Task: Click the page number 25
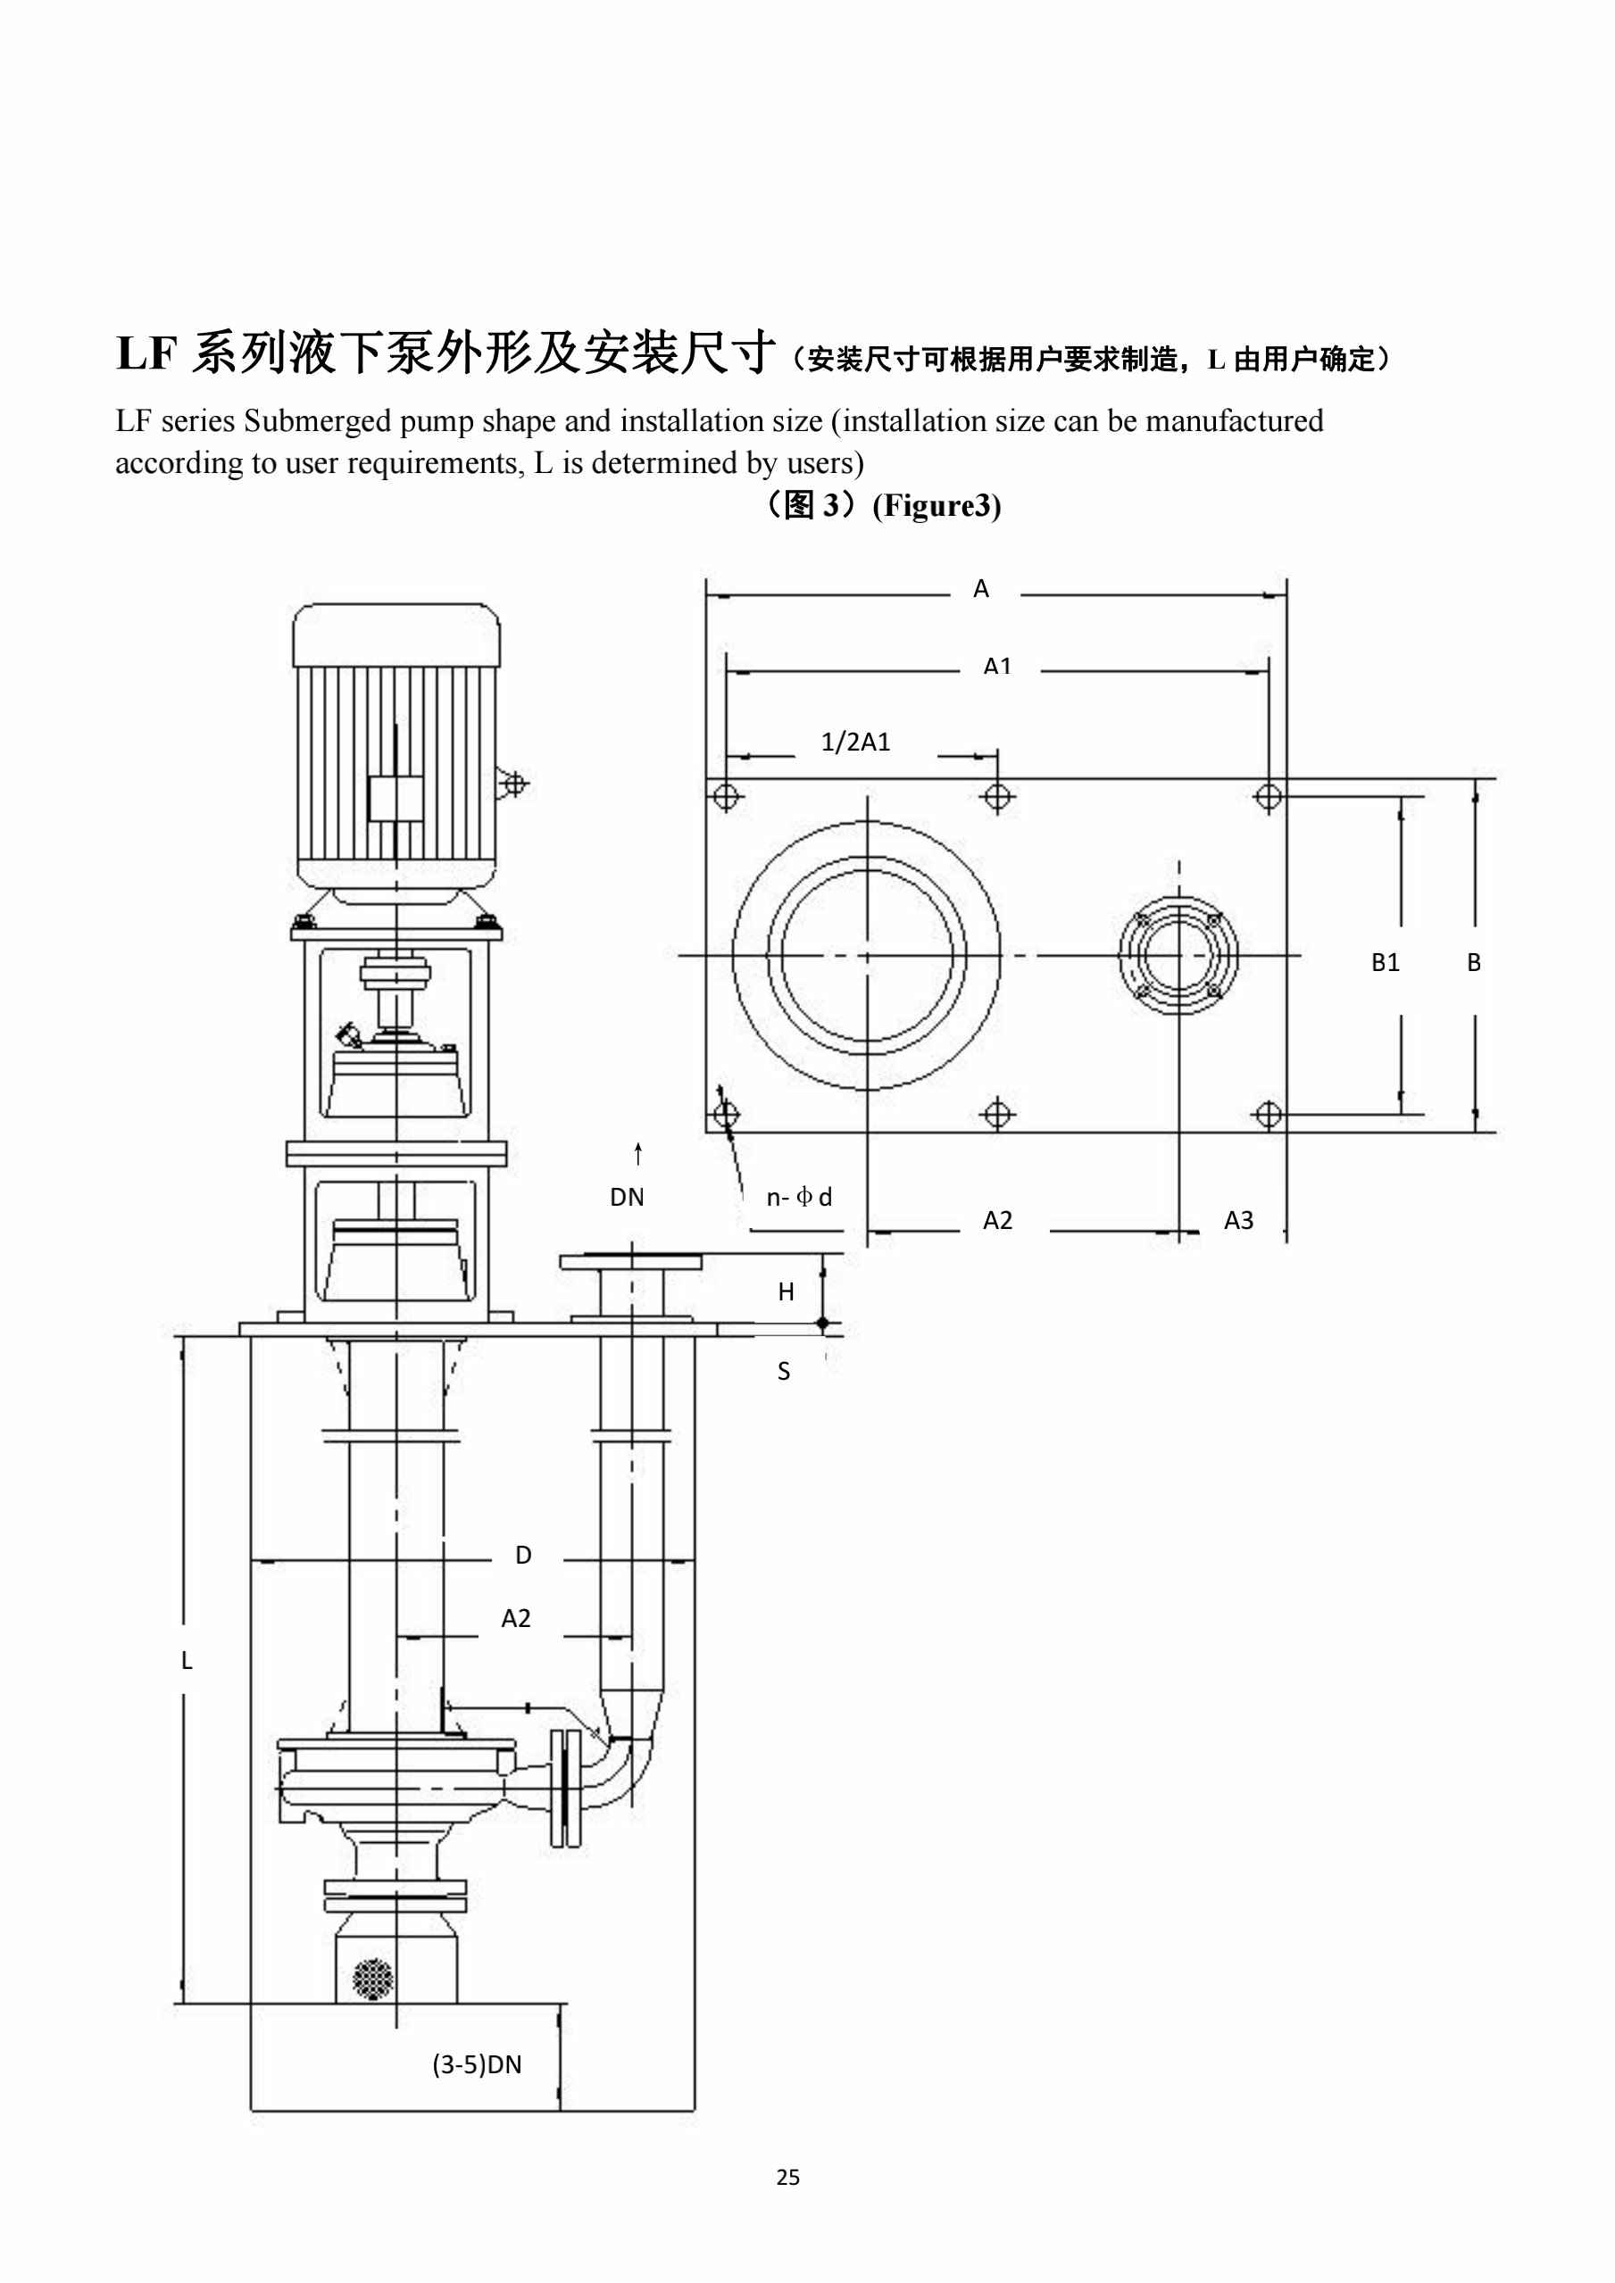(787, 2177)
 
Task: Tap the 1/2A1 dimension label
(855, 742)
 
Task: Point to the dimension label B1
(1385, 962)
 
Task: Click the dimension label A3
(1238, 1220)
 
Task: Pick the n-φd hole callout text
(798, 1197)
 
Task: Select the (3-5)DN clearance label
(477, 2064)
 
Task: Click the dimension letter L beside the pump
(186, 1661)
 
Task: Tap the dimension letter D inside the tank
(523, 1555)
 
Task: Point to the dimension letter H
(786, 1291)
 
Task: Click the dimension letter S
(784, 1372)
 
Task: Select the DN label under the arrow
(627, 1197)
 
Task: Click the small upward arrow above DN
(638, 1153)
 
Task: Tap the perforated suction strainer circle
(373, 1979)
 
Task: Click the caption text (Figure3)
(936, 506)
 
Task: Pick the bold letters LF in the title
(146, 354)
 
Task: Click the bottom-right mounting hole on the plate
(1268, 1115)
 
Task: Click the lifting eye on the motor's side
(514, 785)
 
